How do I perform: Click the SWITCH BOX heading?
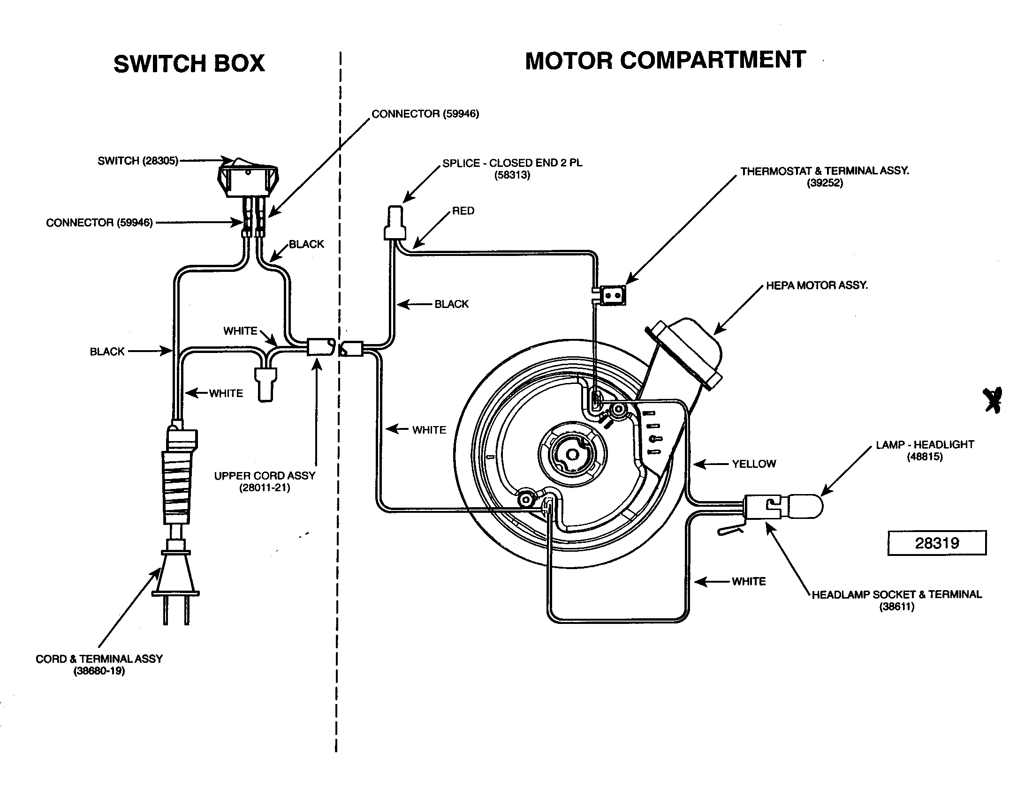189,64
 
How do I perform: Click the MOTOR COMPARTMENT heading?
665,60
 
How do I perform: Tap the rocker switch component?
248,179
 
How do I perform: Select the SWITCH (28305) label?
137,161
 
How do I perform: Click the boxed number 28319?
937,543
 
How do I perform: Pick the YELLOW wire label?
754,464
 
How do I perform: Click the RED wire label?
463,211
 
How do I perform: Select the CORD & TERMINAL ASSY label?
99,664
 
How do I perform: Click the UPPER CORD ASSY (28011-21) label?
265,481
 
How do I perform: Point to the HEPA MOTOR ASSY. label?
817,285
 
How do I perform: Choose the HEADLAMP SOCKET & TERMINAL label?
896,600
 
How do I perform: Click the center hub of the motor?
572,455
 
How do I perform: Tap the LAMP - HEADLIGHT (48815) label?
924,450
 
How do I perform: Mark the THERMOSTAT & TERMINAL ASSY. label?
825,177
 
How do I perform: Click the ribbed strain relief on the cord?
178,486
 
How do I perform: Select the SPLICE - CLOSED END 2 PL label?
512,169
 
